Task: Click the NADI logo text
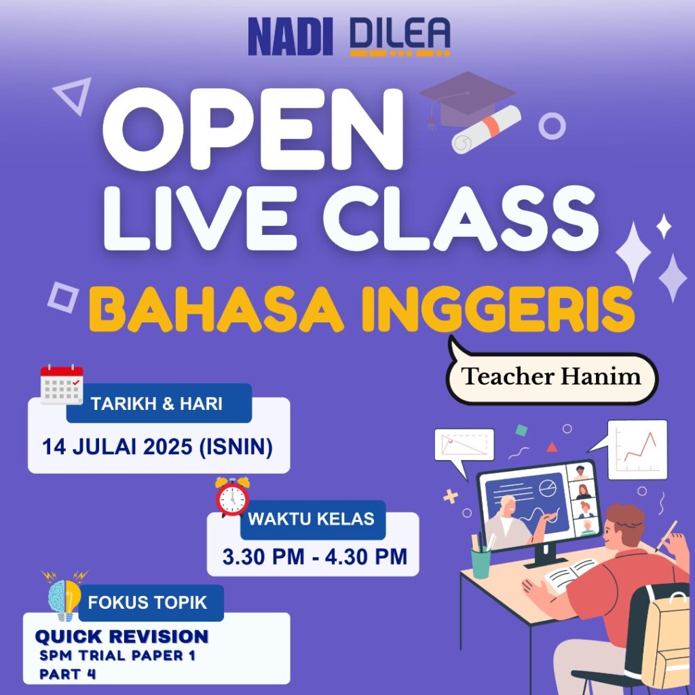click(x=290, y=37)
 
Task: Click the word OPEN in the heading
click(x=253, y=130)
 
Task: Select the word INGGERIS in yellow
click(x=498, y=309)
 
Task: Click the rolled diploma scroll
click(x=486, y=130)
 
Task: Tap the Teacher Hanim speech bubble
click(x=551, y=375)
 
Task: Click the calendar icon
click(x=62, y=384)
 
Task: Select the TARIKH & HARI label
click(x=157, y=404)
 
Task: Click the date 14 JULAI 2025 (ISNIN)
click(x=157, y=447)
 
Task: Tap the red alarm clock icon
click(x=232, y=497)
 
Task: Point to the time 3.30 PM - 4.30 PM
click(x=315, y=557)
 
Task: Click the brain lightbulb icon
click(x=64, y=595)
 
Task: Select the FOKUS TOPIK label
click(x=147, y=603)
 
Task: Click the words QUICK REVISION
click(x=121, y=637)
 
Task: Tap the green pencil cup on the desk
click(x=481, y=562)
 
